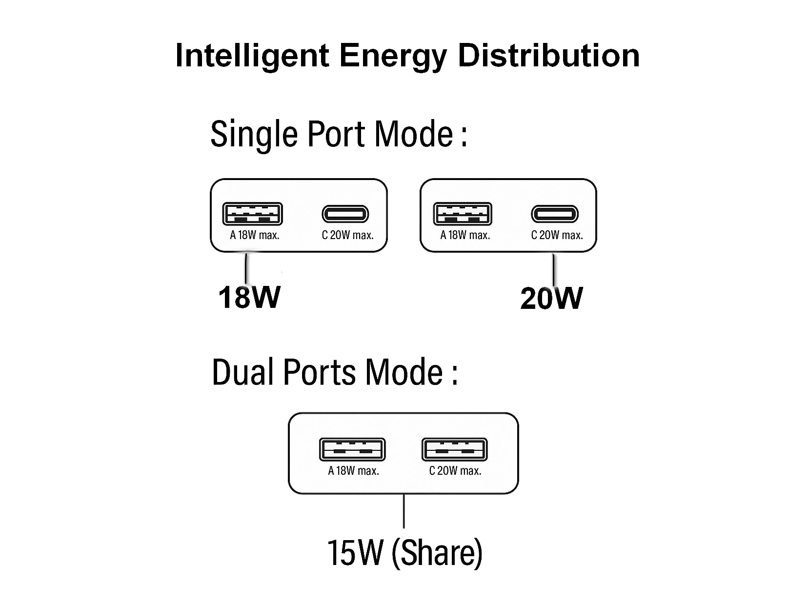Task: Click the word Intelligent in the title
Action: pyautogui.click(x=252, y=55)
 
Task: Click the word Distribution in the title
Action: pyautogui.click(x=548, y=55)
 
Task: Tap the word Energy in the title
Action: pyautogui.click(x=393, y=56)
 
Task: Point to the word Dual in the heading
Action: pyautogui.click(x=242, y=372)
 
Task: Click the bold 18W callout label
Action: pyautogui.click(x=249, y=297)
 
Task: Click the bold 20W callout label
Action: pyautogui.click(x=551, y=298)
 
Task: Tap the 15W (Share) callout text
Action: pyautogui.click(x=404, y=553)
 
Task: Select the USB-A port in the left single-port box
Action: pyautogui.click(x=252, y=214)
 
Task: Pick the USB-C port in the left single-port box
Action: pyautogui.click(x=345, y=214)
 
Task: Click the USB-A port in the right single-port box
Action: pyautogui.click(x=463, y=214)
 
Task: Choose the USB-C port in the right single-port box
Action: pyautogui.click(x=554, y=214)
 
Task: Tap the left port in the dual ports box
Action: pyautogui.click(x=352, y=449)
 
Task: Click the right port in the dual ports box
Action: pyautogui.click(x=454, y=449)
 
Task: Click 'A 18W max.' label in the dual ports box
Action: pyautogui.click(x=354, y=471)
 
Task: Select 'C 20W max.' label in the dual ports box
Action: pyautogui.click(x=455, y=471)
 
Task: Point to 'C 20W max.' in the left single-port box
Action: pyautogui.click(x=347, y=235)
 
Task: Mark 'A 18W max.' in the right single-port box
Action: pyautogui.click(x=465, y=235)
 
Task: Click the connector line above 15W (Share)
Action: pyautogui.click(x=404, y=511)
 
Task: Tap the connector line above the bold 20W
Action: pyautogui.click(x=553, y=269)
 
